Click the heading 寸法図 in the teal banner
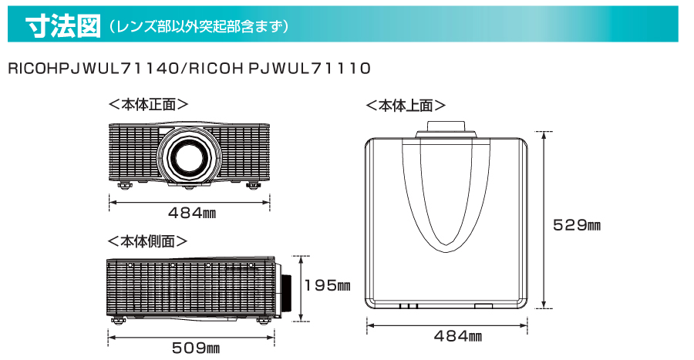(x=63, y=26)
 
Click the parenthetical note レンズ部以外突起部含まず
(x=198, y=26)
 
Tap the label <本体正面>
(x=149, y=104)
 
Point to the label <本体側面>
(x=148, y=241)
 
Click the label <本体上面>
(x=406, y=106)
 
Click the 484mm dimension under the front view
(x=192, y=214)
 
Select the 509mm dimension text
(x=196, y=348)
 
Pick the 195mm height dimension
(x=328, y=285)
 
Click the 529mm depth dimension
(x=577, y=225)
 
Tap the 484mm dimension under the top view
(x=457, y=336)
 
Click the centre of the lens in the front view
(x=189, y=156)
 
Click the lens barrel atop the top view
(x=446, y=129)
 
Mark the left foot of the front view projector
(x=124, y=185)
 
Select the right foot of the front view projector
(x=254, y=185)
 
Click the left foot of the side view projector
(x=118, y=321)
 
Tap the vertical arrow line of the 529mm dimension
(x=544, y=220)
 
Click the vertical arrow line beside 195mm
(x=301, y=288)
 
